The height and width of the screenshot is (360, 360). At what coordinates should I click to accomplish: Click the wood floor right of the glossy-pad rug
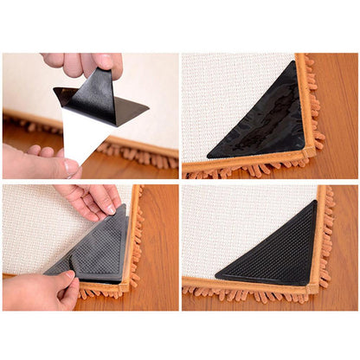tap(342, 104)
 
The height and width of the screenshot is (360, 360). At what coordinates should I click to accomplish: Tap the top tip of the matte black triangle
tap(314, 202)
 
